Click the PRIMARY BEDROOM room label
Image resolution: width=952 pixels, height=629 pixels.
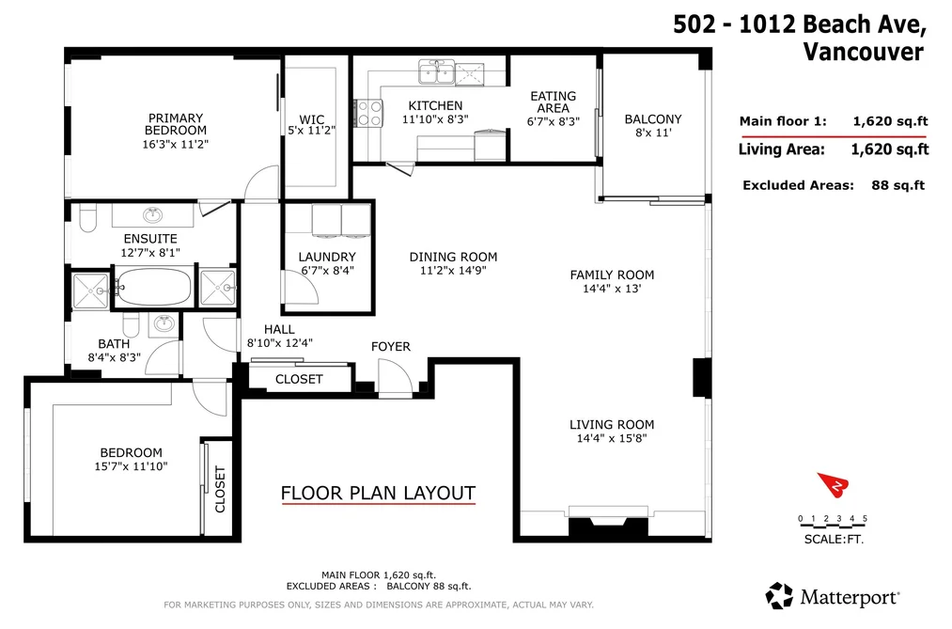[x=176, y=124]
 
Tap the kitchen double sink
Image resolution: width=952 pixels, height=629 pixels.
[x=437, y=71]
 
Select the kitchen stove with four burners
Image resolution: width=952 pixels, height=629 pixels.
[x=368, y=113]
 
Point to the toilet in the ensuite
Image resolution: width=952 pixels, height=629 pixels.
[x=88, y=218]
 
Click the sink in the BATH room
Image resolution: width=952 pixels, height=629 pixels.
[x=164, y=324]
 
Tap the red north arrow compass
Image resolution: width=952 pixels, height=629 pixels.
[x=833, y=484]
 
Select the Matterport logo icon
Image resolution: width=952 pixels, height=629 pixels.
[x=779, y=595]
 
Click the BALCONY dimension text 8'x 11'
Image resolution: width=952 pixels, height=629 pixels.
[x=653, y=133]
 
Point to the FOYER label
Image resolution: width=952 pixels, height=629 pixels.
[x=390, y=346]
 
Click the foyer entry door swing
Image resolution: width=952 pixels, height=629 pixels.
[x=395, y=377]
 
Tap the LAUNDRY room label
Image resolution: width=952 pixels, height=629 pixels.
[x=327, y=257]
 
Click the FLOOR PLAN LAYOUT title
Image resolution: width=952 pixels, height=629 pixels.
[x=378, y=493]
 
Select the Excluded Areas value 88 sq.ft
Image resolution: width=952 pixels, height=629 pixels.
[x=898, y=185]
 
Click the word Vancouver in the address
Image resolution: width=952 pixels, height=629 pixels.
[x=864, y=51]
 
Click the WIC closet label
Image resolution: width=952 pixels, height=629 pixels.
[x=311, y=119]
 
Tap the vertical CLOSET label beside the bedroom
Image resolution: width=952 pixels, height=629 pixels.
[x=220, y=489]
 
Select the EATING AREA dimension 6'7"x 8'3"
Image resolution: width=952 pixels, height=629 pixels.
[x=554, y=121]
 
